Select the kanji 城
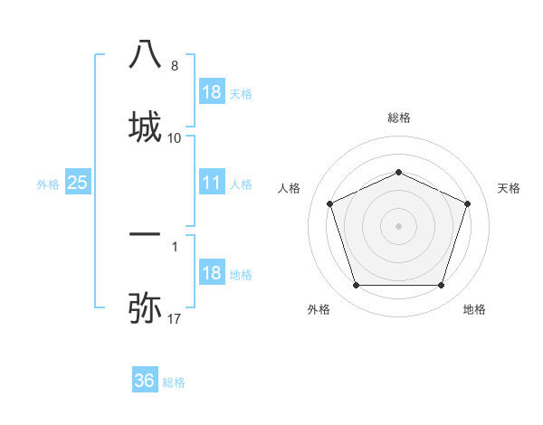tap(145, 124)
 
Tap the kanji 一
tap(145, 234)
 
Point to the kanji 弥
tap(145, 307)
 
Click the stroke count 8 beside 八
tap(175, 66)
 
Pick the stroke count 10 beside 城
tap(175, 138)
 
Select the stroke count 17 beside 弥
tap(175, 319)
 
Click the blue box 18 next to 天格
tap(211, 92)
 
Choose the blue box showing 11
tap(211, 183)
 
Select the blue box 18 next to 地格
tap(211, 273)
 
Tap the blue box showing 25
tap(78, 183)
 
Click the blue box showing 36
tap(145, 381)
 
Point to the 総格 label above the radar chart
tap(398, 118)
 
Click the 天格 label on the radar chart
tap(509, 188)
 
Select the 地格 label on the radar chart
tap(474, 309)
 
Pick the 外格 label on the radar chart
tap(319, 309)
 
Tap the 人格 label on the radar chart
tap(290, 188)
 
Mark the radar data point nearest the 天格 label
tap(467, 203)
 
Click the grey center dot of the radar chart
tap(398, 225)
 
